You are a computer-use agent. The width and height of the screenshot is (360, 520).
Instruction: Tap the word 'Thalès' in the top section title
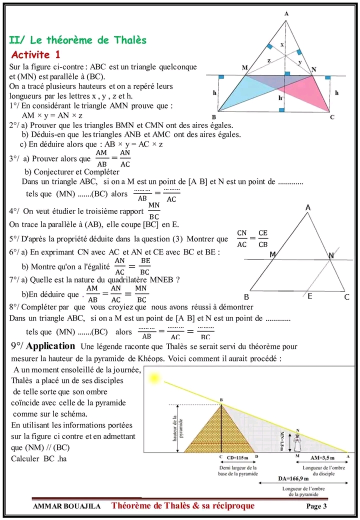(129, 40)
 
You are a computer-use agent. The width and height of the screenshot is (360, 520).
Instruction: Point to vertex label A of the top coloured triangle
(286, 14)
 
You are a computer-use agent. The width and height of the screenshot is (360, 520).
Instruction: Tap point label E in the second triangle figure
(310, 296)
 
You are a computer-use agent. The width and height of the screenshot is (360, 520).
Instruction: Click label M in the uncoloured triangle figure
(272, 255)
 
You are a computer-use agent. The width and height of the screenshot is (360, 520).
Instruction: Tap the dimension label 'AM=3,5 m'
(322, 457)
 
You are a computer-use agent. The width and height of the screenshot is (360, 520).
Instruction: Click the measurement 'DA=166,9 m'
(295, 478)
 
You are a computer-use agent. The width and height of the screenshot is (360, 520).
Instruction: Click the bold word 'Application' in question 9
(50, 346)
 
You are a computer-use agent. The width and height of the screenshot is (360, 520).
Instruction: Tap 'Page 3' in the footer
(316, 506)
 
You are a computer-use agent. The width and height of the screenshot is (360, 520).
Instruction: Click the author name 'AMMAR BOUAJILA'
(66, 506)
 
